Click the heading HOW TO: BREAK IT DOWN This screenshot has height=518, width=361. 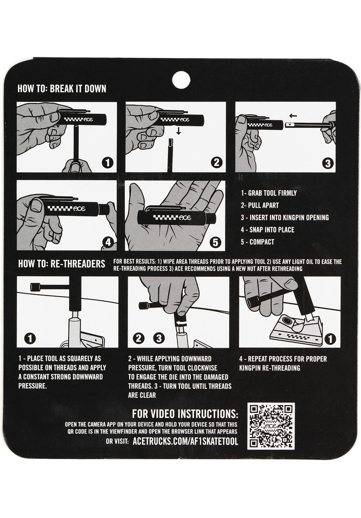[x=62, y=89]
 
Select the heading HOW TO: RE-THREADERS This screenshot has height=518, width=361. [x=62, y=264]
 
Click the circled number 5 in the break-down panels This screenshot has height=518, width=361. [x=215, y=242]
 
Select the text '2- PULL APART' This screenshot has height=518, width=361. [x=260, y=205]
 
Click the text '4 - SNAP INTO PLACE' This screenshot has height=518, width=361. [x=268, y=230]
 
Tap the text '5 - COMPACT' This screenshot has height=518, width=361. [x=258, y=242]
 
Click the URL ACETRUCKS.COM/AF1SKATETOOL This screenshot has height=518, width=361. [x=185, y=442]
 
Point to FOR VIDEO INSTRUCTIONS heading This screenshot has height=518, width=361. [x=185, y=414]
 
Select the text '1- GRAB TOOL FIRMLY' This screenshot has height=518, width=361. [x=269, y=193]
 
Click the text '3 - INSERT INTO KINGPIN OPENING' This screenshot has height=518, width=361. [x=285, y=218]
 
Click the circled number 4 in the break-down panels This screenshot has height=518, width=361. [x=108, y=242]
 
